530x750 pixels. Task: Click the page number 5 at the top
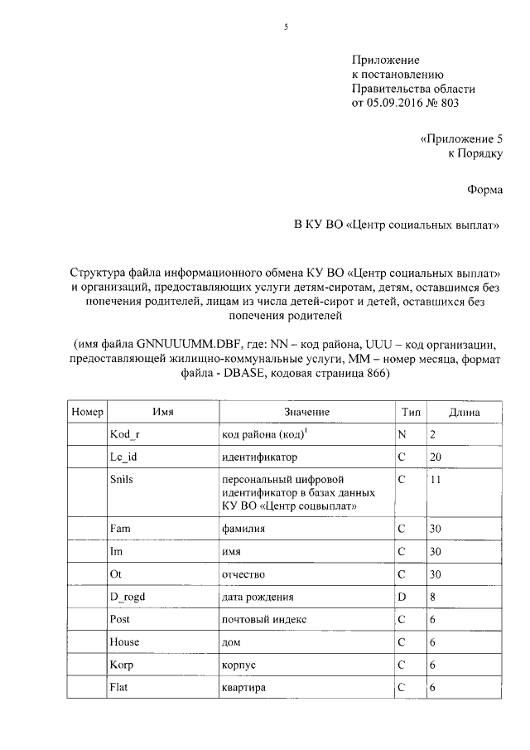[285, 27]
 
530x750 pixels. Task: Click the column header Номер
[87, 412]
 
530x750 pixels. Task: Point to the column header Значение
[306, 412]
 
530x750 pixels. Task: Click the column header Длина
[463, 412]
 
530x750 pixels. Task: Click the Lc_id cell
[123, 457]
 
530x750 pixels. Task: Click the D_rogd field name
[128, 597]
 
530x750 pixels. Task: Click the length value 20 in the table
[436, 457]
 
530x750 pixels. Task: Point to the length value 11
[436, 479]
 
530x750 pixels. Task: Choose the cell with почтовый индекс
[264, 619]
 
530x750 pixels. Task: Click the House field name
[124, 641]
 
